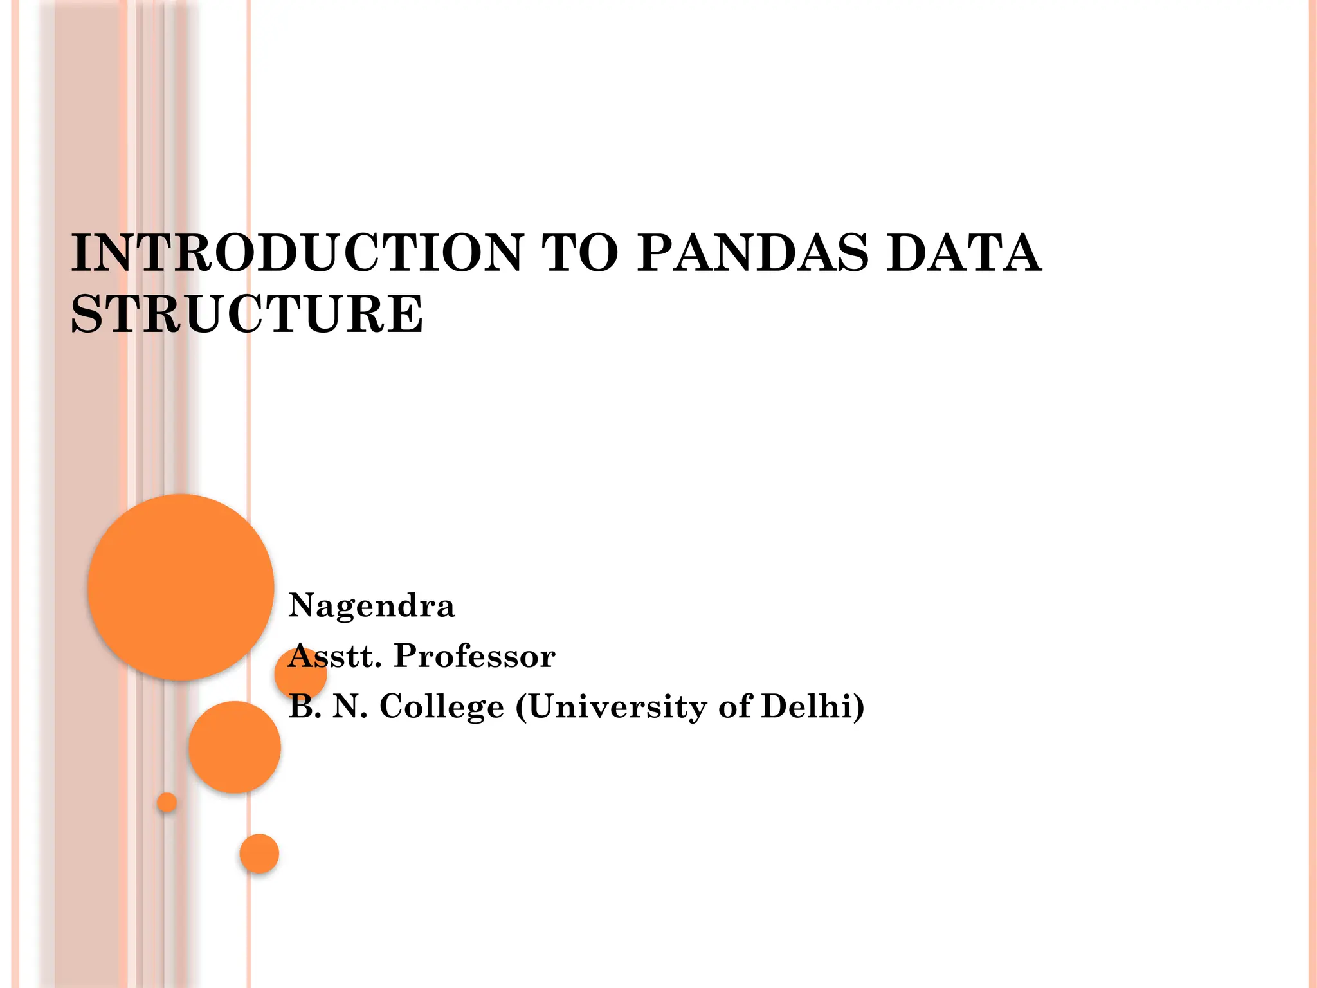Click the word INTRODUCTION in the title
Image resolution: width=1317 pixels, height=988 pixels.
pyautogui.click(x=297, y=253)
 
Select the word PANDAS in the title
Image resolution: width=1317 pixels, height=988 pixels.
pyautogui.click(x=752, y=253)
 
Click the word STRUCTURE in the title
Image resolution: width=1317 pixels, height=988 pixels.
pyautogui.click(x=247, y=314)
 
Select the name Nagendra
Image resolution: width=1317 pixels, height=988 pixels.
pyautogui.click(x=372, y=606)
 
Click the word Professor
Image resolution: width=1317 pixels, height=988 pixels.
pyautogui.click(x=475, y=656)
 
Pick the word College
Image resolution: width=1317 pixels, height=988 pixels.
pyautogui.click(x=442, y=706)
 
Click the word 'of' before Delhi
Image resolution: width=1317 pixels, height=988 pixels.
pyautogui.click(x=734, y=706)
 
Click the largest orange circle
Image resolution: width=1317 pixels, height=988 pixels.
pyautogui.click(x=181, y=587)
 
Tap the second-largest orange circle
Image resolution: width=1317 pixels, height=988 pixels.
pyautogui.click(x=235, y=747)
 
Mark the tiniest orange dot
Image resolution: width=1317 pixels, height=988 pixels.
pyautogui.click(x=167, y=802)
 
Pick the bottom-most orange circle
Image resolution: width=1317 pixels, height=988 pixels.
pyautogui.click(x=259, y=853)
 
